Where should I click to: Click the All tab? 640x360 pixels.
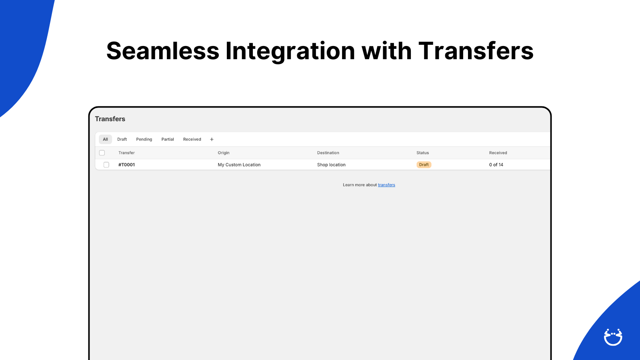(105, 140)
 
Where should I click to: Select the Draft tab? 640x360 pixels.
(122, 140)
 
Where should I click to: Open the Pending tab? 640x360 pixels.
(144, 140)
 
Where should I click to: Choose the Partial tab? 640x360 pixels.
(168, 140)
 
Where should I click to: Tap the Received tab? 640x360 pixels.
(192, 140)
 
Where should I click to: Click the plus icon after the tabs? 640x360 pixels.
(212, 140)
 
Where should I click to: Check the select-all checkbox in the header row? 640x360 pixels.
(102, 153)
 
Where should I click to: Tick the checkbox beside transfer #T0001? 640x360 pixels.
(106, 165)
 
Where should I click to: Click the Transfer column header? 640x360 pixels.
(126, 153)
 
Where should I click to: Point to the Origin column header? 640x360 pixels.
(224, 153)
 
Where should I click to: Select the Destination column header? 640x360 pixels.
(328, 153)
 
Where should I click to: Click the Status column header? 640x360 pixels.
(422, 153)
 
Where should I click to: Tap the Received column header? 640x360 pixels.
(498, 153)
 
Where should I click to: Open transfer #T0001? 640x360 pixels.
(126, 165)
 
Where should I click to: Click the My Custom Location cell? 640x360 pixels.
(239, 165)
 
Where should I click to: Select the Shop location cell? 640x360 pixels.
(331, 165)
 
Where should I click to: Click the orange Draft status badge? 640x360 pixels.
(424, 165)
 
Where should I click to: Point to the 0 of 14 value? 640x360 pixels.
(496, 165)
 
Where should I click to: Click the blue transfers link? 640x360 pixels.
(386, 185)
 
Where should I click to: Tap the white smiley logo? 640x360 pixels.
(613, 337)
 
